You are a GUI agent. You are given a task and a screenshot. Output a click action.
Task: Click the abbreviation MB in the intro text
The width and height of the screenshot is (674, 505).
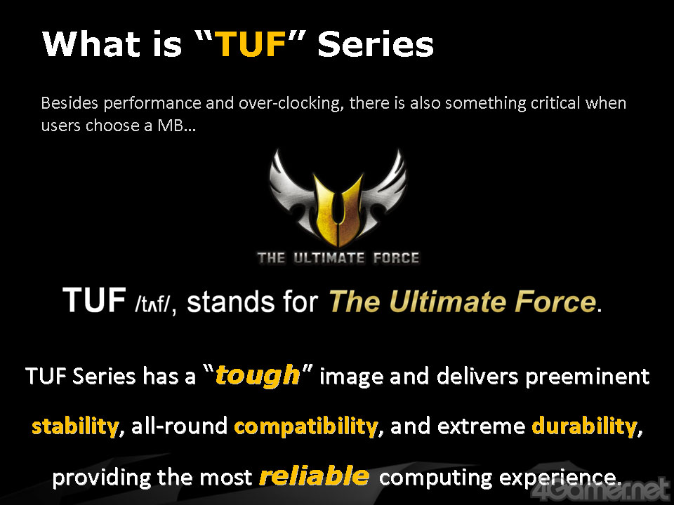170,126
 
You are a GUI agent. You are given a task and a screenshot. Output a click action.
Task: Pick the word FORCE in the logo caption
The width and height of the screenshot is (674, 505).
396,258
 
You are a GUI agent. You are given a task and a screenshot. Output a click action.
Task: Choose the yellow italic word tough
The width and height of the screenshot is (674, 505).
257,376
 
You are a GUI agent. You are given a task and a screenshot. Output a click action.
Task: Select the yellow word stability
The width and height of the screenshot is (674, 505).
75,426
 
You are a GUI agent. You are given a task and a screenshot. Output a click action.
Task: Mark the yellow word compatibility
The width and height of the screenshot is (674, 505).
305,426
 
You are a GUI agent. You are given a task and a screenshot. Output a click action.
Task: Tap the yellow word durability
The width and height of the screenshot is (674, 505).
584,426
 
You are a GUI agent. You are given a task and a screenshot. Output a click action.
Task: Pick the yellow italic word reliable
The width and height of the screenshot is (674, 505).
315,476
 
